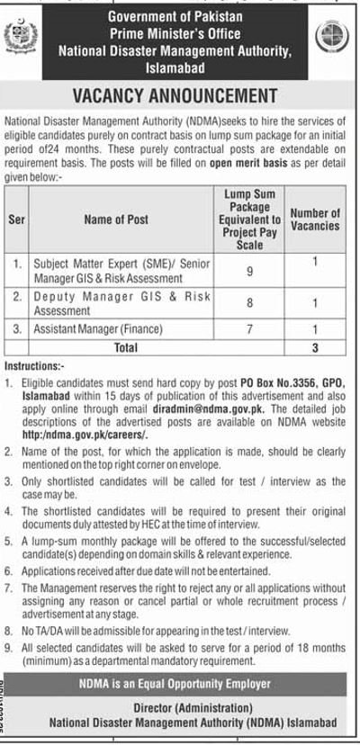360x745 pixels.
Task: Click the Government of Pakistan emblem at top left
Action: [x=20, y=40]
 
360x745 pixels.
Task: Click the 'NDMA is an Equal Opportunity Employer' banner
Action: [x=180, y=692]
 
